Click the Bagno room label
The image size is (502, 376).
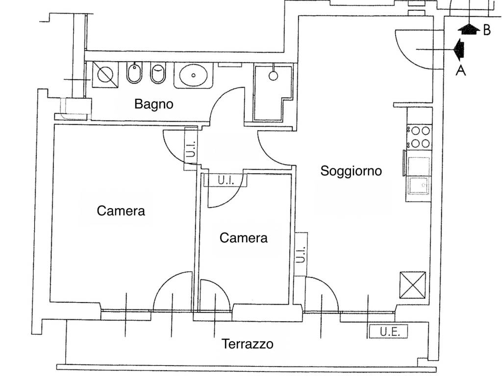(x=153, y=104)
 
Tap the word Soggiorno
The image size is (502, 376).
(x=351, y=171)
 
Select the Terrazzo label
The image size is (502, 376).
(x=248, y=344)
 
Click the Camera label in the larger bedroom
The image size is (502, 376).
(x=121, y=211)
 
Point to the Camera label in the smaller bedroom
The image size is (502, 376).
(x=243, y=238)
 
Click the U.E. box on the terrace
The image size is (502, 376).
(x=388, y=331)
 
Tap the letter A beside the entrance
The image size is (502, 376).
(x=461, y=70)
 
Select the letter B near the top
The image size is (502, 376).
(x=487, y=30)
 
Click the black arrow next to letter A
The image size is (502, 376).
(x=459, y=49)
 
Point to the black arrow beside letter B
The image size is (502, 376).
(x=469, y=29)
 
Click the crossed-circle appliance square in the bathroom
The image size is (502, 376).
(x=105, y=75)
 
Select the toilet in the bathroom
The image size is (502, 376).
(x=158, y=73)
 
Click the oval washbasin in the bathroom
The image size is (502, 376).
(x=193, y=75)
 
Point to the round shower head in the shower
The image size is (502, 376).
(x=273, y=76)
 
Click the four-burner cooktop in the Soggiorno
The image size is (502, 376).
(x=419, y=137)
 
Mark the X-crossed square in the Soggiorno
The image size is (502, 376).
(x=413, y=285)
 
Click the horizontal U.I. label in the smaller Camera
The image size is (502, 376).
(x=226, y=181)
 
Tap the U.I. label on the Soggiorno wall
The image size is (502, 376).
(x=301, y=255)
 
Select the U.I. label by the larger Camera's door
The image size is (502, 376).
(x=191, y=149)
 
